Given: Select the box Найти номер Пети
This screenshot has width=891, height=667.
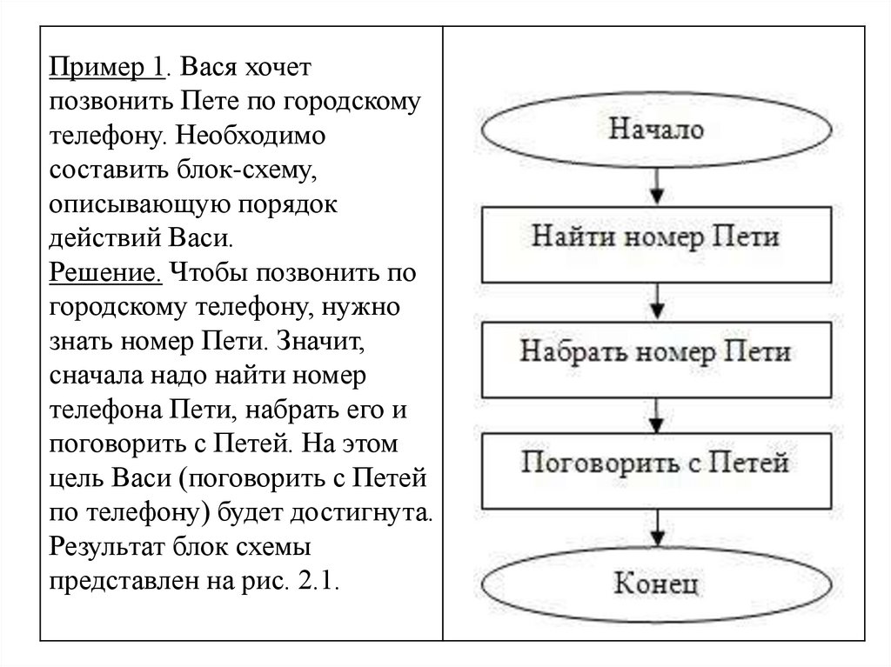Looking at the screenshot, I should coord(655,237).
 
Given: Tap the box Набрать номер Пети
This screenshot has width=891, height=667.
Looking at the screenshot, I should coord(655,352).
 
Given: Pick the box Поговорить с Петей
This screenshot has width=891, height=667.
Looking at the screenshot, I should coord(655,463).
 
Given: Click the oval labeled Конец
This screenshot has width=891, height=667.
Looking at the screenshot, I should coord(655,583).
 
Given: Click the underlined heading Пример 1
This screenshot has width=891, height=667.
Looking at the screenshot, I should coord(107,67).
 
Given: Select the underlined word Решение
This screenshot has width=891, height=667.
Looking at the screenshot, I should coord(105,273).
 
